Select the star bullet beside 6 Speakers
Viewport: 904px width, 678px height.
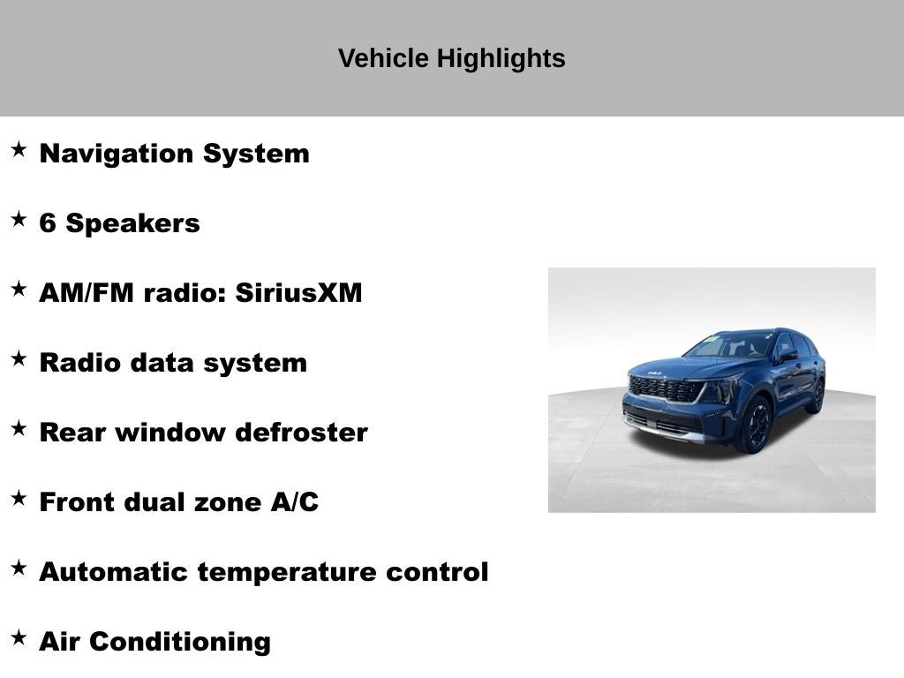point(19,220)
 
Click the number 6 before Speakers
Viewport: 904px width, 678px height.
point(48,223)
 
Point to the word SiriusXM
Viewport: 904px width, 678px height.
point(298,293)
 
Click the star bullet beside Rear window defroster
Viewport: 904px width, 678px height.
point(19,429)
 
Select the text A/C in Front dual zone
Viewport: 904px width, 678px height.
point(295,502)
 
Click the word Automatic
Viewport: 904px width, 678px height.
point(114,572)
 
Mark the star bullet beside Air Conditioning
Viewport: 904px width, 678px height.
point(19,638)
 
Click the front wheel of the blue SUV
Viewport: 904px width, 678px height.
point(756,426)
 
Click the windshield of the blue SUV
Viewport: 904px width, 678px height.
point(729,346)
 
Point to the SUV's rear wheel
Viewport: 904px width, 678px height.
point(817,396)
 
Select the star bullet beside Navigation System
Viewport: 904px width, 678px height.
point(19,150)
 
